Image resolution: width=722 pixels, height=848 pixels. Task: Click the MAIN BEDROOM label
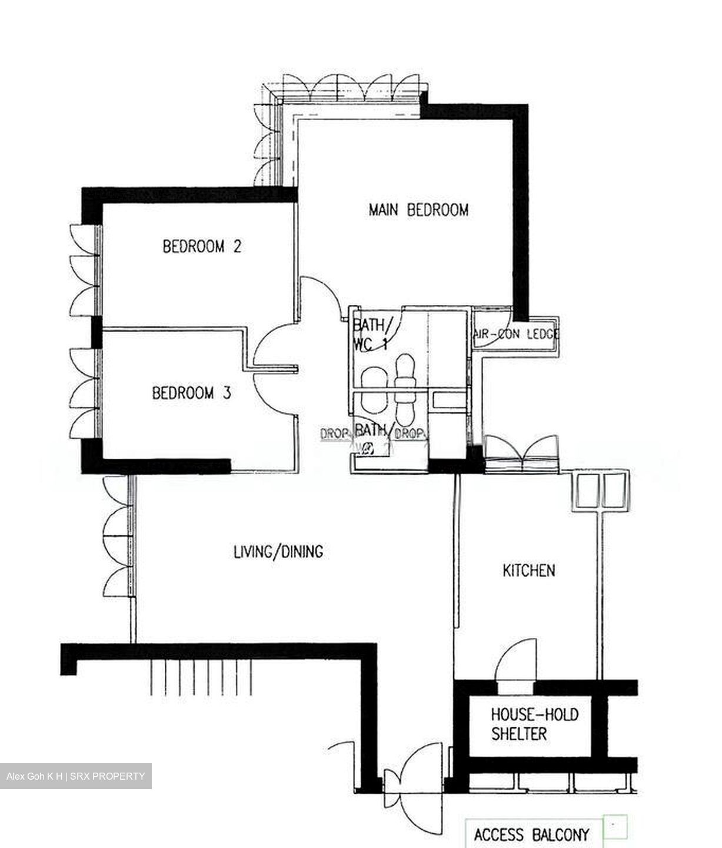point(418,210)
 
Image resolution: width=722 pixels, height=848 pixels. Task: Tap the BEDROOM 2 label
point(202,246)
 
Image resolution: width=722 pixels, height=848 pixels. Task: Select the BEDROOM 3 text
point(191,393)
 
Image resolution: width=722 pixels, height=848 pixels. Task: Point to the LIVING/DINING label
point(278,552)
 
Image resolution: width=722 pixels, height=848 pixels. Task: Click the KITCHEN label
point(528,570)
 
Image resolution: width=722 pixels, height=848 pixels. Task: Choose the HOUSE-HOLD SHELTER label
point(534,724)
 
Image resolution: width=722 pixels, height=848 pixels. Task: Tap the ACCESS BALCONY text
point(531,834)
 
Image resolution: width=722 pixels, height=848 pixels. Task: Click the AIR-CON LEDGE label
point(516,334)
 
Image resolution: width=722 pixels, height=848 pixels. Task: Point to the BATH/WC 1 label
point(370,334)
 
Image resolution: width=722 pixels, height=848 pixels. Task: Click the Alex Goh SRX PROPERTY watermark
point(76,776)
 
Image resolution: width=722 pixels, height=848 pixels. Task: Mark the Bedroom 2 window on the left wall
point(84,271)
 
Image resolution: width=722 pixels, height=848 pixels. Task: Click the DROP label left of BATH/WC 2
point(334,434)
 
